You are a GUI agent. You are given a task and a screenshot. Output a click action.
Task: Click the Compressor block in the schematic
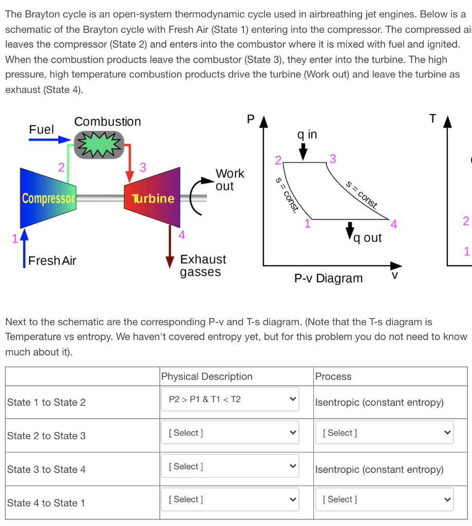[48, 198]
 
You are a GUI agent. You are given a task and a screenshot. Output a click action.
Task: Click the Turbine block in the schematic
[153, 198]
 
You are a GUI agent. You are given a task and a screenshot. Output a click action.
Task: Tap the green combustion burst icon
[99, 144]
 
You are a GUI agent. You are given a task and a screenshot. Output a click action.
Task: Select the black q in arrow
[304, 151]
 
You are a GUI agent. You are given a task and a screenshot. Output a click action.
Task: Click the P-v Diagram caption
[328, 278]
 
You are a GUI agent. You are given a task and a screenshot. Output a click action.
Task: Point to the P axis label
[250, 119]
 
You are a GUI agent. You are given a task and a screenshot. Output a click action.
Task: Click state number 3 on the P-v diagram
[332, 159]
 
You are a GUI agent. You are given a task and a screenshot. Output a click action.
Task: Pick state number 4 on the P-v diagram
[394, 224]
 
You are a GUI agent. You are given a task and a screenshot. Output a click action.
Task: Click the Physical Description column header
[207, 377]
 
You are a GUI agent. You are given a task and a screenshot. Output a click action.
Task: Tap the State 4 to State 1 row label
[46, 503]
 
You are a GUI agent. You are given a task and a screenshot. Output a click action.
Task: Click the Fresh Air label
[52, 260]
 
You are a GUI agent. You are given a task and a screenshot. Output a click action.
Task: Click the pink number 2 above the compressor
[61, 166]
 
